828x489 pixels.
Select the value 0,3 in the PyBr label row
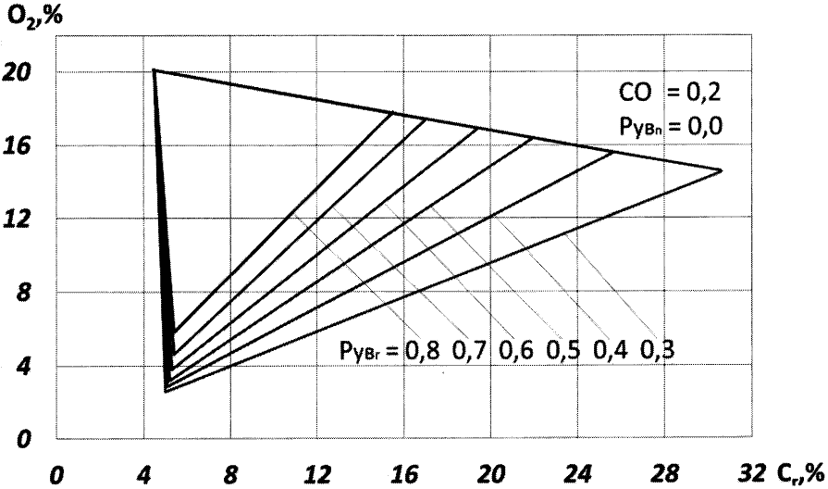coord(658,351)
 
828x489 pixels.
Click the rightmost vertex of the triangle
coord(721,170)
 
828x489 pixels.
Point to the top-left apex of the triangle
coord(154,70)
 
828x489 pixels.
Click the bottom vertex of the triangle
coord(166,392)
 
